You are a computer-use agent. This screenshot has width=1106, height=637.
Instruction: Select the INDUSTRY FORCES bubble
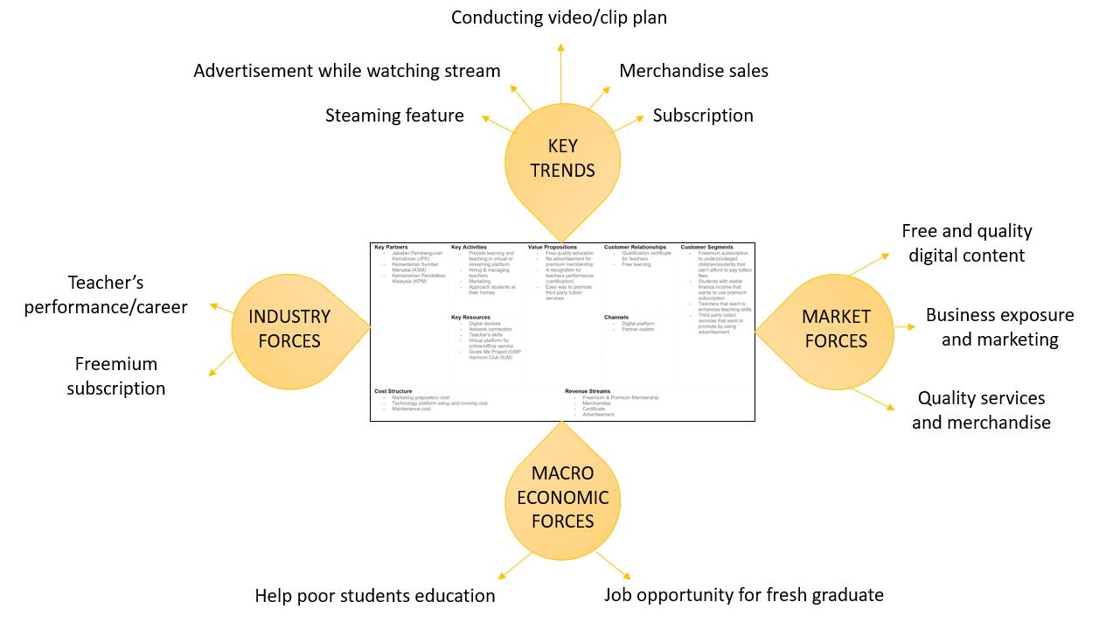[x=289, y=329]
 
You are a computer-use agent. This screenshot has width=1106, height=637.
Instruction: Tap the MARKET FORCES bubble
[x=836, y=329]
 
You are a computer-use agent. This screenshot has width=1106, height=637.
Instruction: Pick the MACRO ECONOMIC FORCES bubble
[x=562, y=497]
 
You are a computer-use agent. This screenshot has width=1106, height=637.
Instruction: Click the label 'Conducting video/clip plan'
[x=559, y=17]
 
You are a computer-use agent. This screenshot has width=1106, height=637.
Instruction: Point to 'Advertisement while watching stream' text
[x=347, y=71]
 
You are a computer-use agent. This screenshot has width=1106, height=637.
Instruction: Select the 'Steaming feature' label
[x=394, y=115]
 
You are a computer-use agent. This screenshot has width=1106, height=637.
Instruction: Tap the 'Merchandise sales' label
[x=693, y=71]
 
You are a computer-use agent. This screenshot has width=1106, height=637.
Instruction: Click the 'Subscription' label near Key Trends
[x=703, y=115]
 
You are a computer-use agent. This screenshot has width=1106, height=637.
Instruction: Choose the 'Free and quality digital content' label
[x=966, y=243]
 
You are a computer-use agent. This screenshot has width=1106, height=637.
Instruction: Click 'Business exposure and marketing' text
[x=999, y=327]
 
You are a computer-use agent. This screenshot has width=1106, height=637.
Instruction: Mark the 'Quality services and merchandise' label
[x=981, y=410]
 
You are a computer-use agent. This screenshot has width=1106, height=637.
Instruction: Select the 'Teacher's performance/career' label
[x=106, y=295]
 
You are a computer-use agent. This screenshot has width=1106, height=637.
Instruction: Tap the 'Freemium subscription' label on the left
[x=116, y=376]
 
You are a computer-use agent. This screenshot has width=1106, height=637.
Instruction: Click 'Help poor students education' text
[x=375, y=596]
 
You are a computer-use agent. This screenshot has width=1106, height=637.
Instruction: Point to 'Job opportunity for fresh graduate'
[x=744, y=595]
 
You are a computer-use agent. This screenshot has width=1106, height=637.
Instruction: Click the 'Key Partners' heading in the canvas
[x=391, y=248]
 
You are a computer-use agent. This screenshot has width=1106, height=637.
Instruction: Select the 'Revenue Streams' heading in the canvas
[x=588, y=391]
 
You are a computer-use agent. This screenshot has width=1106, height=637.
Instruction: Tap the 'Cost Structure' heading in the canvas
[x=393, y=391]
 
